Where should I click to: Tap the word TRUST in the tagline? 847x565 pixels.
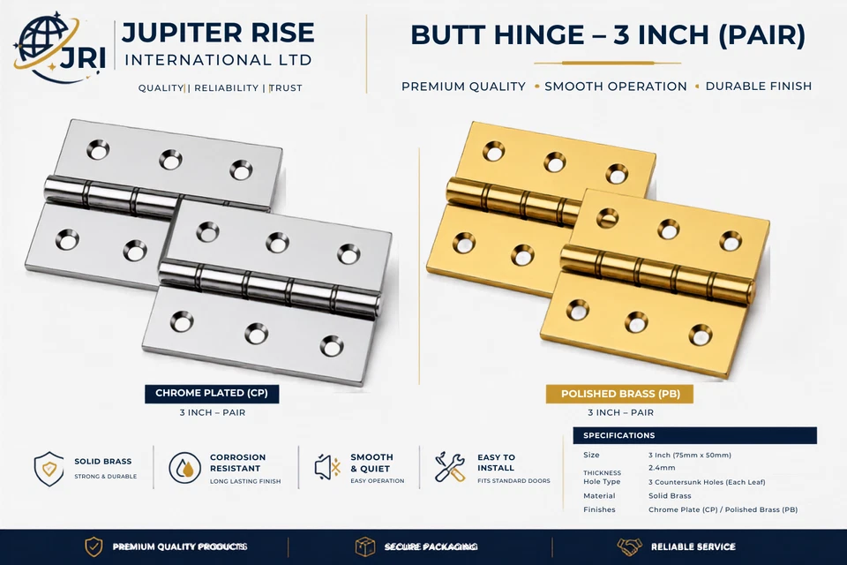tap(285, 88)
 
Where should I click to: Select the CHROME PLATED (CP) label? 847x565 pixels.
tap(212, 393)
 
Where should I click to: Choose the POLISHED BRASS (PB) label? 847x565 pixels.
tap(620, 394)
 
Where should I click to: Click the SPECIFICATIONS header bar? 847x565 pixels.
tap(694, 435)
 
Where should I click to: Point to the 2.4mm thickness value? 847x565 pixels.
tap(662, 468)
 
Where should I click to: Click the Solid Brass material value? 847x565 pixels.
tap(670, 496)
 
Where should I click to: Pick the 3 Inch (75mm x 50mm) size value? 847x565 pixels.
tap(690, 456)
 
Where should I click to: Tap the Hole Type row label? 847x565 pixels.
tap(602, 482)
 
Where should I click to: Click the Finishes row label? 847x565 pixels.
tap(599, 509)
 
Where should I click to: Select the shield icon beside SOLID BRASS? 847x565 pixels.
tap(49, 468)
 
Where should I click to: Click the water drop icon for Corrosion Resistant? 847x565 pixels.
tap(184, 468)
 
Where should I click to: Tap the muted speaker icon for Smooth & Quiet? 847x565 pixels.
tap(327, 468)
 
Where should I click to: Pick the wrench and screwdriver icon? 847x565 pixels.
tap(450, 468)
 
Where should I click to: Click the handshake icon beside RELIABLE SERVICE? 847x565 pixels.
tap(630, 546)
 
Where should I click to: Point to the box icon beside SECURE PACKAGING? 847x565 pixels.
tap(365, 547)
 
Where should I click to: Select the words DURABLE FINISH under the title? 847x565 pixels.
tap(759, 87)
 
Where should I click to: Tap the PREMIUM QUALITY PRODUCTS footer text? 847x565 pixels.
tap(180, 547)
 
